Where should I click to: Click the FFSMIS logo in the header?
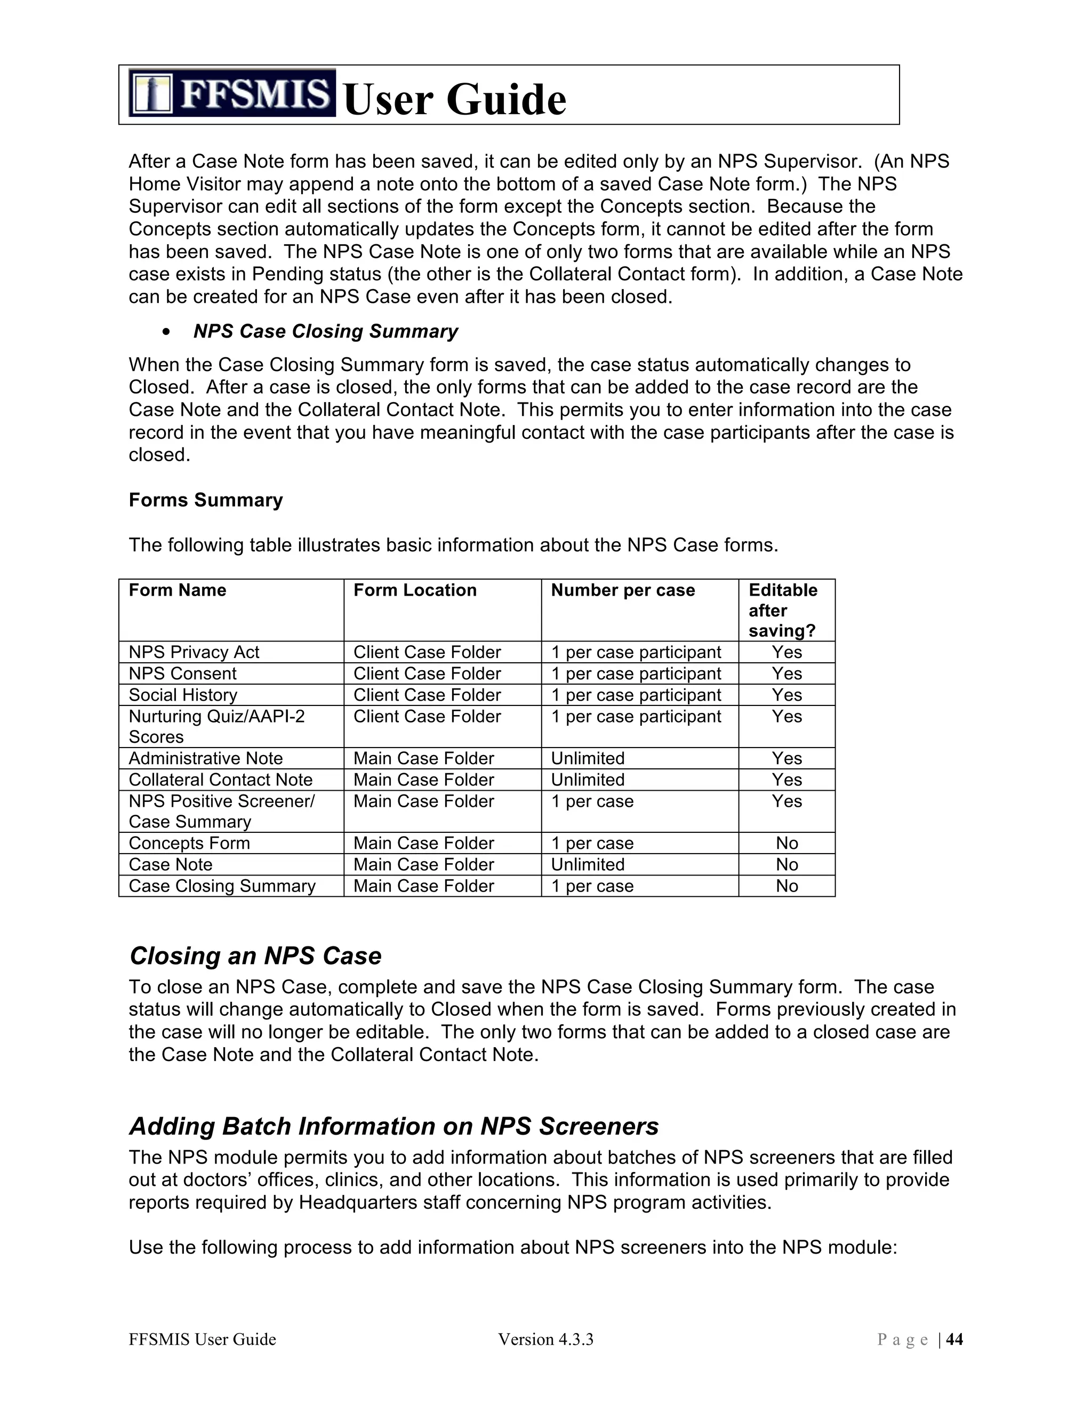tap(231, 93)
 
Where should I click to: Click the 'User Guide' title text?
tap(455, 100)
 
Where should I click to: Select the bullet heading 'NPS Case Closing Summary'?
tap(325, 331)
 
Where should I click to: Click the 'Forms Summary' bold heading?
tap(206, 500)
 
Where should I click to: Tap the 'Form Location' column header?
tap(415, 590)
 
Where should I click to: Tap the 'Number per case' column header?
tap(622, 590)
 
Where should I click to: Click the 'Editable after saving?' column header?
tap(783, 610)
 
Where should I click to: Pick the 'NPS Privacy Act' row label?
tap(194, 652)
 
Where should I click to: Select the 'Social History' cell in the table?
tap(183, 695)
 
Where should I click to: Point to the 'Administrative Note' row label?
tap(206, 758)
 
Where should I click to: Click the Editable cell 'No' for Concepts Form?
tap(786, 843)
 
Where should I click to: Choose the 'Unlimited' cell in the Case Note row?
tap(588, 864)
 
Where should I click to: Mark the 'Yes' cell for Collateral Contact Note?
tap(786, 780)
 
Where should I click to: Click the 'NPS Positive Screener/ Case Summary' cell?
tap(221, 812)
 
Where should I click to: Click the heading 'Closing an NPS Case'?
tap(255, 956)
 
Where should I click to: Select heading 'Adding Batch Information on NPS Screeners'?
tap(394, 1126)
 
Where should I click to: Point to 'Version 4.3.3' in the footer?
tap(545, 1339)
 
